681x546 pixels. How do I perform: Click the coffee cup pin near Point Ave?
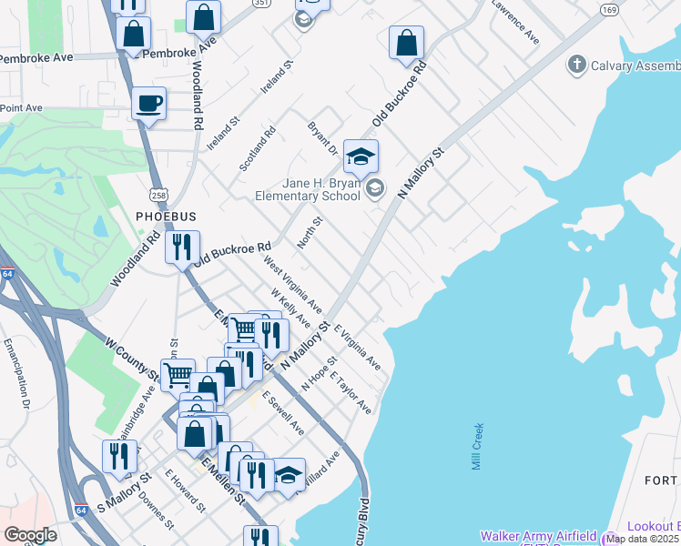click(148, 104)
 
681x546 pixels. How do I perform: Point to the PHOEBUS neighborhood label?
click(167, 216)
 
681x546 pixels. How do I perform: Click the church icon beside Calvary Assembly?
click(575, 66)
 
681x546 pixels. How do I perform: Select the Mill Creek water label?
click(478, 447)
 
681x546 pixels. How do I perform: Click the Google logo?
click(30, 535)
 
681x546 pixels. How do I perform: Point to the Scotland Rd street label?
click(258, 148)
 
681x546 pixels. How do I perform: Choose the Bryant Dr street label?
click(322, 138)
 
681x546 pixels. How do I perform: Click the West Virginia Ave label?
click(292, 281)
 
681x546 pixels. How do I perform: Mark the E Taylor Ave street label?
click(351, 392)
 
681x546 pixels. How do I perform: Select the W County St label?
click(133, 360)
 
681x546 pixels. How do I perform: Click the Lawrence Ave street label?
click(515, 22)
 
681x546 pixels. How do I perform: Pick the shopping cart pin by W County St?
click(178, 374)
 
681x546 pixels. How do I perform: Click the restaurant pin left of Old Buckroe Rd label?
click(182, 247)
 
